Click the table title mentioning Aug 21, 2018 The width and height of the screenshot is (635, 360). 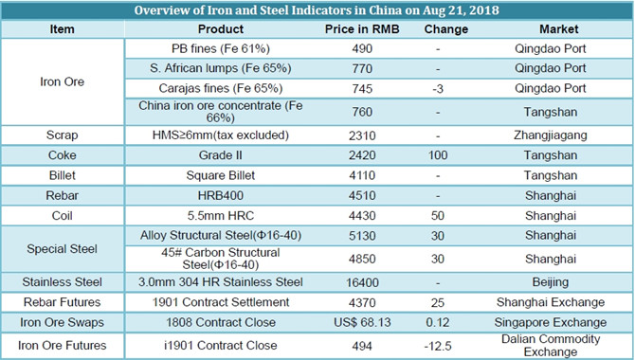(x=317, y=10)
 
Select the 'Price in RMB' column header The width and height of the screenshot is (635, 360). (x=362, y=29)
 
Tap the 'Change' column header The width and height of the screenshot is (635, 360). (x=445, y=29)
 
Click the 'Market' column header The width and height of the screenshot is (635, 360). (x=559, y=29)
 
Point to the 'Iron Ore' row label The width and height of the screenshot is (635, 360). (x=62, y=81)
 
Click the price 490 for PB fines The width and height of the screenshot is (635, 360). (x=362, y=49)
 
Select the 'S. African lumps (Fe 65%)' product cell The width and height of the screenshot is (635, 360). (x=220, y=68)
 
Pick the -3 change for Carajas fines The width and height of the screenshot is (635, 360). (x=438, y=89)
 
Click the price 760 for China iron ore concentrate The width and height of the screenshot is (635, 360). (x=362, y=112)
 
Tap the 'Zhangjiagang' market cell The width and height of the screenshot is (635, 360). (x=551, y=135)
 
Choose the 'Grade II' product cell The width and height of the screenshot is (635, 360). (x=220, y=155)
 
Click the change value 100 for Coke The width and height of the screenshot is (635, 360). (x=438, y=155)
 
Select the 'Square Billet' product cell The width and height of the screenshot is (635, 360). (x=220, y=175)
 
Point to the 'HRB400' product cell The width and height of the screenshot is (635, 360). (x=220, y=195)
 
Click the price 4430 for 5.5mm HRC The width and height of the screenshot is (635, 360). (x=362, y=215)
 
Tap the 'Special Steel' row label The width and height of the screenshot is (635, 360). (x=62, y=248)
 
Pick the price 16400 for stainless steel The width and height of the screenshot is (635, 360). (x=362, y=282)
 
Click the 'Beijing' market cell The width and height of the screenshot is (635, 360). (x=551, y=282)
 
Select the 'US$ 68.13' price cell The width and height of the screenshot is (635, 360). (x=362, y=322)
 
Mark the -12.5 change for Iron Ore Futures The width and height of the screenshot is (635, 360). (x=438, y=346)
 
